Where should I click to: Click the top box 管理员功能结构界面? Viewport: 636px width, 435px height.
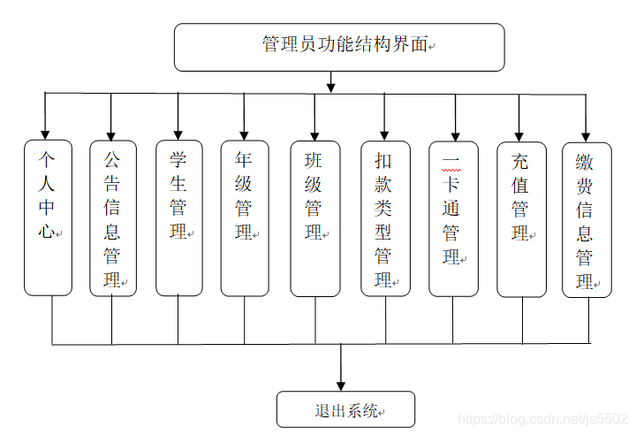339,47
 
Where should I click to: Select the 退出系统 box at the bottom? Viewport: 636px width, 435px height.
345,409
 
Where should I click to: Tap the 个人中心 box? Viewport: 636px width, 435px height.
48,217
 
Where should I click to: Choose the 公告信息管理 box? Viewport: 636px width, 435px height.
113,217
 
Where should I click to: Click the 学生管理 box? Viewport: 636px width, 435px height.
178,217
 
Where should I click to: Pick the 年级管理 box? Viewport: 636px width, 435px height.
245,217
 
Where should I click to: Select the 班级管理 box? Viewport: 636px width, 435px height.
314,217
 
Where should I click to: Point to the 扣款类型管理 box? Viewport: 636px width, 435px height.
384,217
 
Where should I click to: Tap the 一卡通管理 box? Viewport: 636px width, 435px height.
453,217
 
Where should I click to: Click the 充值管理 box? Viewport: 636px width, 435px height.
521,217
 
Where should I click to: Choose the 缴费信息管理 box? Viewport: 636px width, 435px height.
587,217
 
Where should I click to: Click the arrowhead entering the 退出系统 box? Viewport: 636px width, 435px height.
342,383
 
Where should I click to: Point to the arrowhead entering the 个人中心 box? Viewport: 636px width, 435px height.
45,132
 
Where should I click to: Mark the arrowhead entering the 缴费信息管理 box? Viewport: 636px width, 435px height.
586,132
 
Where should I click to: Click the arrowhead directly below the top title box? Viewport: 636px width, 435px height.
331,87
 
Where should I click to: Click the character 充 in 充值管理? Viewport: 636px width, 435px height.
520,162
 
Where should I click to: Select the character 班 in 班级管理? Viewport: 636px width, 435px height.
314,162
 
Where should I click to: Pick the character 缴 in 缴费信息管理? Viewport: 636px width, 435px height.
585,162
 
